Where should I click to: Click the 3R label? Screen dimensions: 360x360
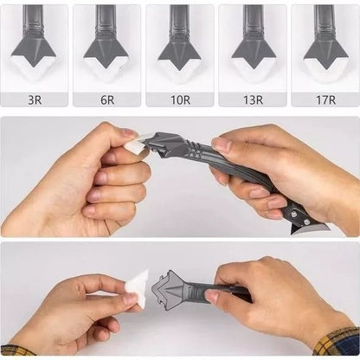[x=35, y=100]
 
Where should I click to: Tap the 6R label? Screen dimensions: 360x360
[x=107, y=100]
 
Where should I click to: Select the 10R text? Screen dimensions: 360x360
[x=180, y=100]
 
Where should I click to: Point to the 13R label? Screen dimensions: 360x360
[x=253, y=100]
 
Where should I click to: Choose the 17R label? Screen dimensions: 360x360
[x=325, y=100]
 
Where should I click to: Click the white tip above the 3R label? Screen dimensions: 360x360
[x=35, y=62]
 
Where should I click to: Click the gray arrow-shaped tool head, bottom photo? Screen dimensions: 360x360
[x=178, y=292]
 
